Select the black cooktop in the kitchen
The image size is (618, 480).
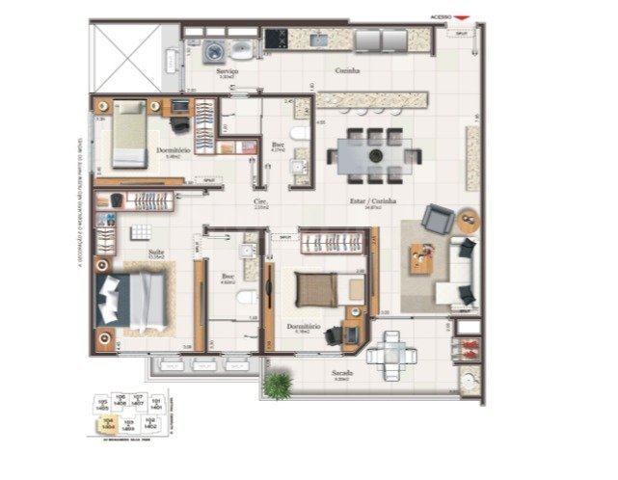tap(277, 40)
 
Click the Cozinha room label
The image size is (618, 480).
tap(347, 71)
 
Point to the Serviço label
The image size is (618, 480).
tap(228, 71)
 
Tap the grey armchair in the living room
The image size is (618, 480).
tap(437, 220)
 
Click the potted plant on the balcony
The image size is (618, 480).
tap(278, 386)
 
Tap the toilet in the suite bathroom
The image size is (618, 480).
tap(246, 297)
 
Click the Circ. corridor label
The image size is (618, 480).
tap(258, 202)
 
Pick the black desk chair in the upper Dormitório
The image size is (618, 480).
tap(179, 122)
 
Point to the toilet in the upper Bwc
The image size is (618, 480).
tap(299, 132)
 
